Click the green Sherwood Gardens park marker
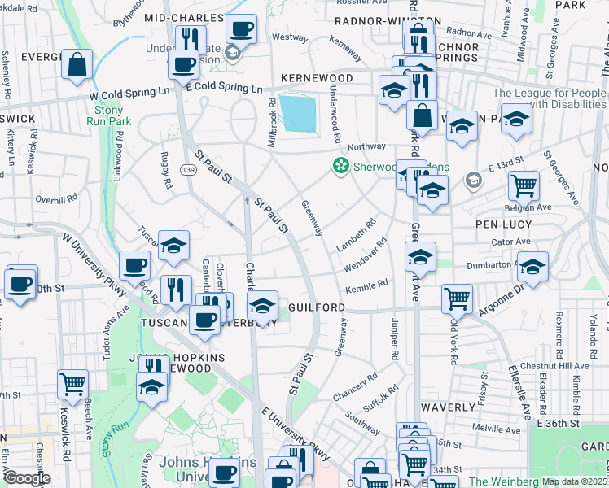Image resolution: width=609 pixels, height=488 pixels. tap(340, 166)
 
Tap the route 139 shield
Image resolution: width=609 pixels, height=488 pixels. tap(189, 168)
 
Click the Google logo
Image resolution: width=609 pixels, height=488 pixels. tap(26, 478)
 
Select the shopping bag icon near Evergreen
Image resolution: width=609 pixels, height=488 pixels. tap(77, 66)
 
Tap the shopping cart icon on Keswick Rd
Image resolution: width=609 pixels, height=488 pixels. tap(72, 382)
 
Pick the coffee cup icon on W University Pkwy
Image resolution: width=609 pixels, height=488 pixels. tap(134, 265)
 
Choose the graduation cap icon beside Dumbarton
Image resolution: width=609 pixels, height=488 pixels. tap(532, 267)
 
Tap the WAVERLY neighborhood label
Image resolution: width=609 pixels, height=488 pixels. tap(448, 407)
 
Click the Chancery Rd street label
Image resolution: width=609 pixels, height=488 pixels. tap(355, 387)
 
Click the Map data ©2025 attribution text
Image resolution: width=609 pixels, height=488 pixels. tap(574, 481)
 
